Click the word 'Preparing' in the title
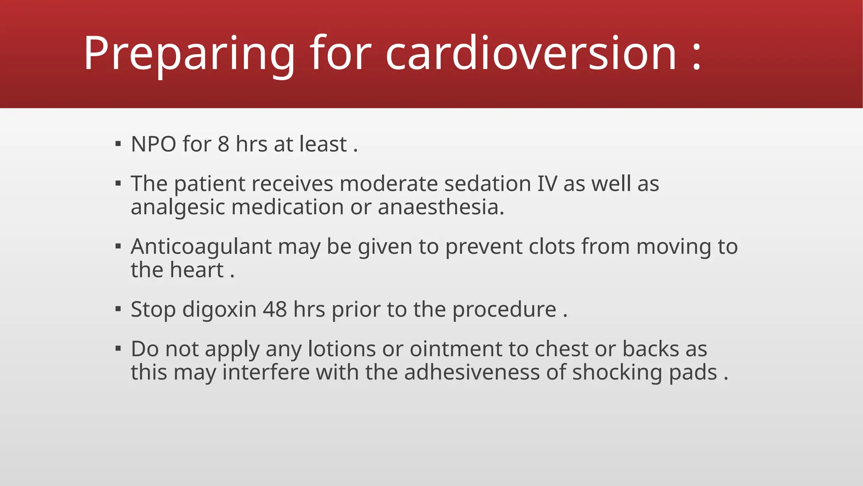coord(189,54)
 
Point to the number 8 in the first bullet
coord(223,144)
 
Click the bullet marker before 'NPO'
coord(118,144)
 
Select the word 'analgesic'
coord(178,208)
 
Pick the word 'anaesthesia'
coord(440,207)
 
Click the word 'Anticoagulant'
coord(201,247)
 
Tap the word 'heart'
coord(197,270)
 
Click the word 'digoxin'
coord(219,310)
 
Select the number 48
coord(275,310)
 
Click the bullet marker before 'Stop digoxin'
coord(118,309)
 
